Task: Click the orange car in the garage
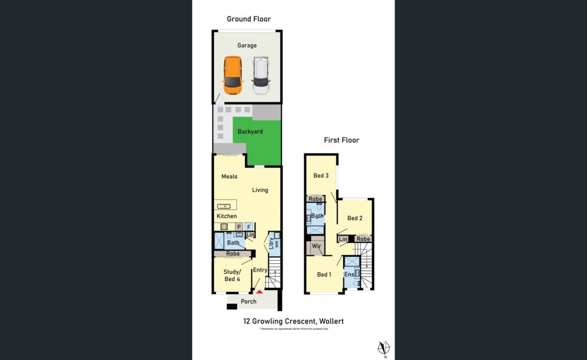[233, 75]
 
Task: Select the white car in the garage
[261, 75]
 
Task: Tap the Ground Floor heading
[249, 19]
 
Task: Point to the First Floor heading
[341, 140]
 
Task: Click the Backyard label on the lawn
[251, 132]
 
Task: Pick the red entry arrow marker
[259, 292]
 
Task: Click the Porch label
[248, 302]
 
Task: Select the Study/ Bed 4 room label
[232, 275]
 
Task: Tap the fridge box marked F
[249, 226]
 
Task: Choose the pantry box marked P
[238, 226]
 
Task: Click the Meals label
[229, 177]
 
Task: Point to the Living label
[260, 190]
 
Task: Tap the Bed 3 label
[321, 175]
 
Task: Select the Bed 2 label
[355, 218]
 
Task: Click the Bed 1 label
[324, 275]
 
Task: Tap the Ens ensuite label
[349, 275]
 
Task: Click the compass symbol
[385, 347]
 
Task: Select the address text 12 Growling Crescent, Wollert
[293, 321]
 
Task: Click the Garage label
[247, 45]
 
